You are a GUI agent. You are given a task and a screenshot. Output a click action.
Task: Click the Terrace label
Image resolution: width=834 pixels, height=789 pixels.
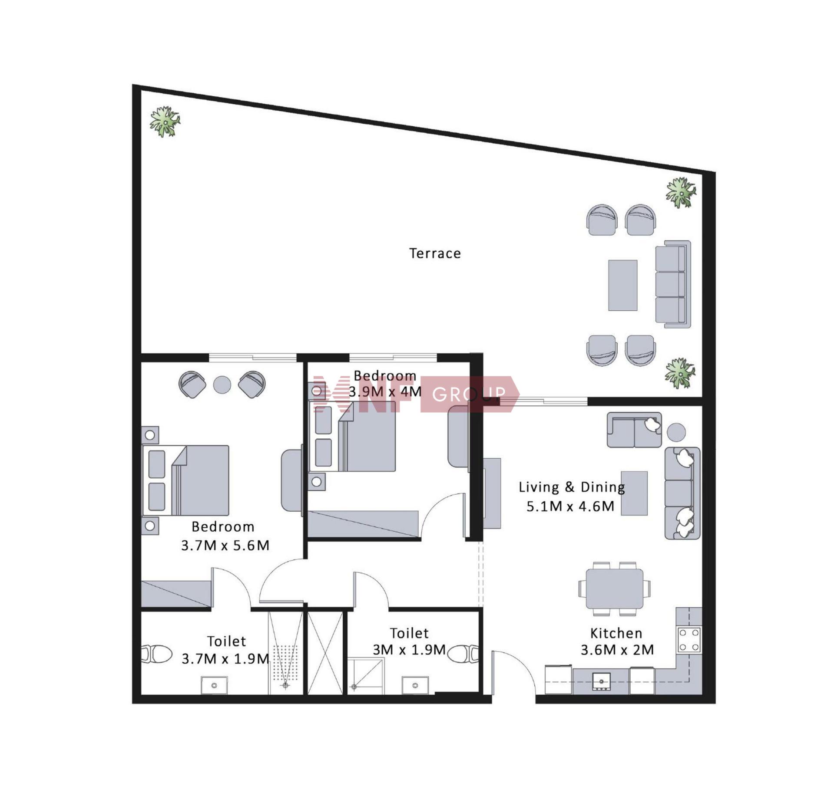[x=435, y=253]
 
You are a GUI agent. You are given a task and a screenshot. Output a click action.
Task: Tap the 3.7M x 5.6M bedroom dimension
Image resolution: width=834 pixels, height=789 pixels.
[x=225, y=546]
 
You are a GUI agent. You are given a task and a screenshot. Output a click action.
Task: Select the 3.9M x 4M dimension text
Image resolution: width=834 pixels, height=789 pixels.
[x=385, y=392]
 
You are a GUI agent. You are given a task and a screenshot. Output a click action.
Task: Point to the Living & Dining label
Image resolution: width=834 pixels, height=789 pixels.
[x=572, y=487]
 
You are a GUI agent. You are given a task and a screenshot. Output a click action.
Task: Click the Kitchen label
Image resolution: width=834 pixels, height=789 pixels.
[x=616, y=634]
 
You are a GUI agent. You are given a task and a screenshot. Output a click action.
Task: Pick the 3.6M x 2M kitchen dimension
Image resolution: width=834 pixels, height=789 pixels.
[x=617, y=650]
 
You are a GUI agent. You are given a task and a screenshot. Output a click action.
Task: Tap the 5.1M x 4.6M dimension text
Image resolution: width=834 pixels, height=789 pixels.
[x=570, y=506]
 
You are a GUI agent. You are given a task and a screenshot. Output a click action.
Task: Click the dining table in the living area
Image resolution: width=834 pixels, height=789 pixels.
[x=614, y=589]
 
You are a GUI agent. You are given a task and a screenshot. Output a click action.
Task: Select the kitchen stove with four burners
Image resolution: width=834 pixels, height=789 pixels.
[x=689, y=640]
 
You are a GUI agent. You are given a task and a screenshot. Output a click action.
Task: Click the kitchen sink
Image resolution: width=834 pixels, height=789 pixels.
[x=602, y=682]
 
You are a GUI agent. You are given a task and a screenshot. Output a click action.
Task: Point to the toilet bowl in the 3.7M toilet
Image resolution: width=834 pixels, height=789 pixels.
[x=157, y=654]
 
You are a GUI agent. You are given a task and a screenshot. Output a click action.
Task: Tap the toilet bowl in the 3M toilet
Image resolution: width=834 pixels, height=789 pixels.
[x=463, y=654]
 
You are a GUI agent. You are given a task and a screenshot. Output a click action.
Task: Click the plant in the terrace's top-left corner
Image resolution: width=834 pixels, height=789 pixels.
[x=165, y=122]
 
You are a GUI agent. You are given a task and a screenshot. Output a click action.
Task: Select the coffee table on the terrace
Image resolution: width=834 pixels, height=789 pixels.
[x=622, y=285]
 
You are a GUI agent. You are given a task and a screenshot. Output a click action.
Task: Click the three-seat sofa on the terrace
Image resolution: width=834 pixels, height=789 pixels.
[x=673, y=284]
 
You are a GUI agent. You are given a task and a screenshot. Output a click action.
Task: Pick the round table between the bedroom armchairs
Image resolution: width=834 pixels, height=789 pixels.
[x=222, y=385]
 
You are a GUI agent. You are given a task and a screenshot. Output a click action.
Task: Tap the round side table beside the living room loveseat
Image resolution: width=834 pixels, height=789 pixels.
[x=676, y=432]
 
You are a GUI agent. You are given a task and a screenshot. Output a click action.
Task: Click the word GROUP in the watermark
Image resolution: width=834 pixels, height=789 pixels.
[x=469, y=394]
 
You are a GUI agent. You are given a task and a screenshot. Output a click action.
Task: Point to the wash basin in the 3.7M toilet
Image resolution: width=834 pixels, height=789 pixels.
[x=214, y=685]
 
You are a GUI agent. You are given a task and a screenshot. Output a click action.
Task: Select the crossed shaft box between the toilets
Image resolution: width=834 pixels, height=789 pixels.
[x=325, y=653]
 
